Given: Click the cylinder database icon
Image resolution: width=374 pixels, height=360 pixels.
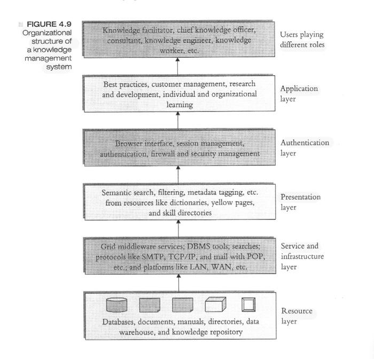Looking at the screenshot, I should (x=116, y=305).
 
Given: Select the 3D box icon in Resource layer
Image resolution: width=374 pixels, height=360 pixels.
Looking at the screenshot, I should (x=216, y=304).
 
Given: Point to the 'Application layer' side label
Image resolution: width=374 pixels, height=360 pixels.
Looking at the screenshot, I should (x=299, y=94).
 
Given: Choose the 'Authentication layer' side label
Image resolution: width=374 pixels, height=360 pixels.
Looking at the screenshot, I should (x=305, y=148).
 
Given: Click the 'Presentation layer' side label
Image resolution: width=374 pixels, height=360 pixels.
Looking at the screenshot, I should (x=301, y=202).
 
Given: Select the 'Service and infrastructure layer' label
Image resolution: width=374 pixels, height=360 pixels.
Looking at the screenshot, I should (x=300, y=256).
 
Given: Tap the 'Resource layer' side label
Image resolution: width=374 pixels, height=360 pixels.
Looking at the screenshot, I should (x=297, y=316).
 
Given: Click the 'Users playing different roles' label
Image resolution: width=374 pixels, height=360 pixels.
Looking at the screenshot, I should (x=302, y=40).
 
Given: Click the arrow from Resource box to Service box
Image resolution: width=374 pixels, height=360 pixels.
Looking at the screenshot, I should (x=178, y=283).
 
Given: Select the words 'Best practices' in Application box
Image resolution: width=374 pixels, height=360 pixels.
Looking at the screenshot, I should (x=126, y=84).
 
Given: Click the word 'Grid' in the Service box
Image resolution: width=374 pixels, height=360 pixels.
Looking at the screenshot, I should (x=108, y=247).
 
